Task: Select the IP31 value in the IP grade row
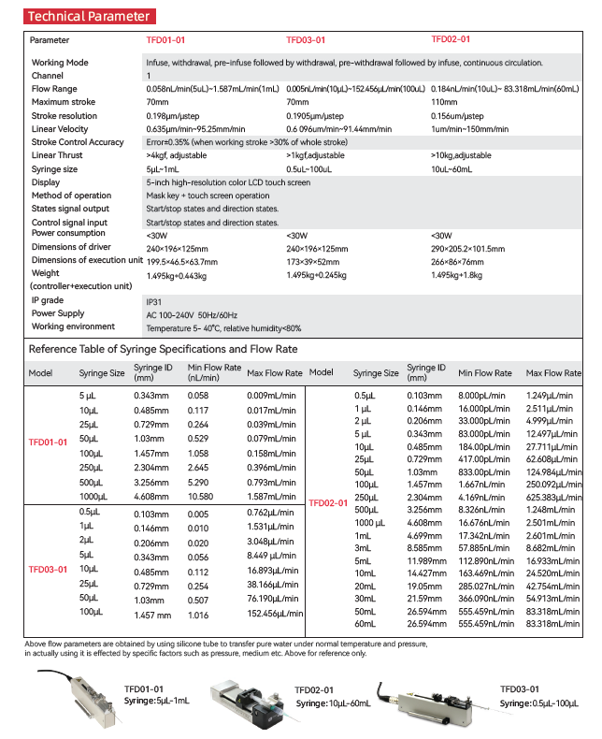pyautogui.click(x=154, y=301)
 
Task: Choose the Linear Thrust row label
pyautogui.click(x=57, y=155)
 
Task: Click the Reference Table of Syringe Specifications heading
pyautogui.click(x=163, y=349)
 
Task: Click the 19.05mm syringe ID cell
pyautogui.click(x=422, y=585)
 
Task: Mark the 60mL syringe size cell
pyautogui.click(x=365, y=622)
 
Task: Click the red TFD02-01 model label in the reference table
pyautogui.click(x=327, y=503)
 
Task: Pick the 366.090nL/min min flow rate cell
pyautogui.click(x=487, y=597)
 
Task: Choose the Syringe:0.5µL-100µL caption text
pyautogui.click(x=539, y=703)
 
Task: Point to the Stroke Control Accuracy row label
pyautogui.click(x=78, y=142)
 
